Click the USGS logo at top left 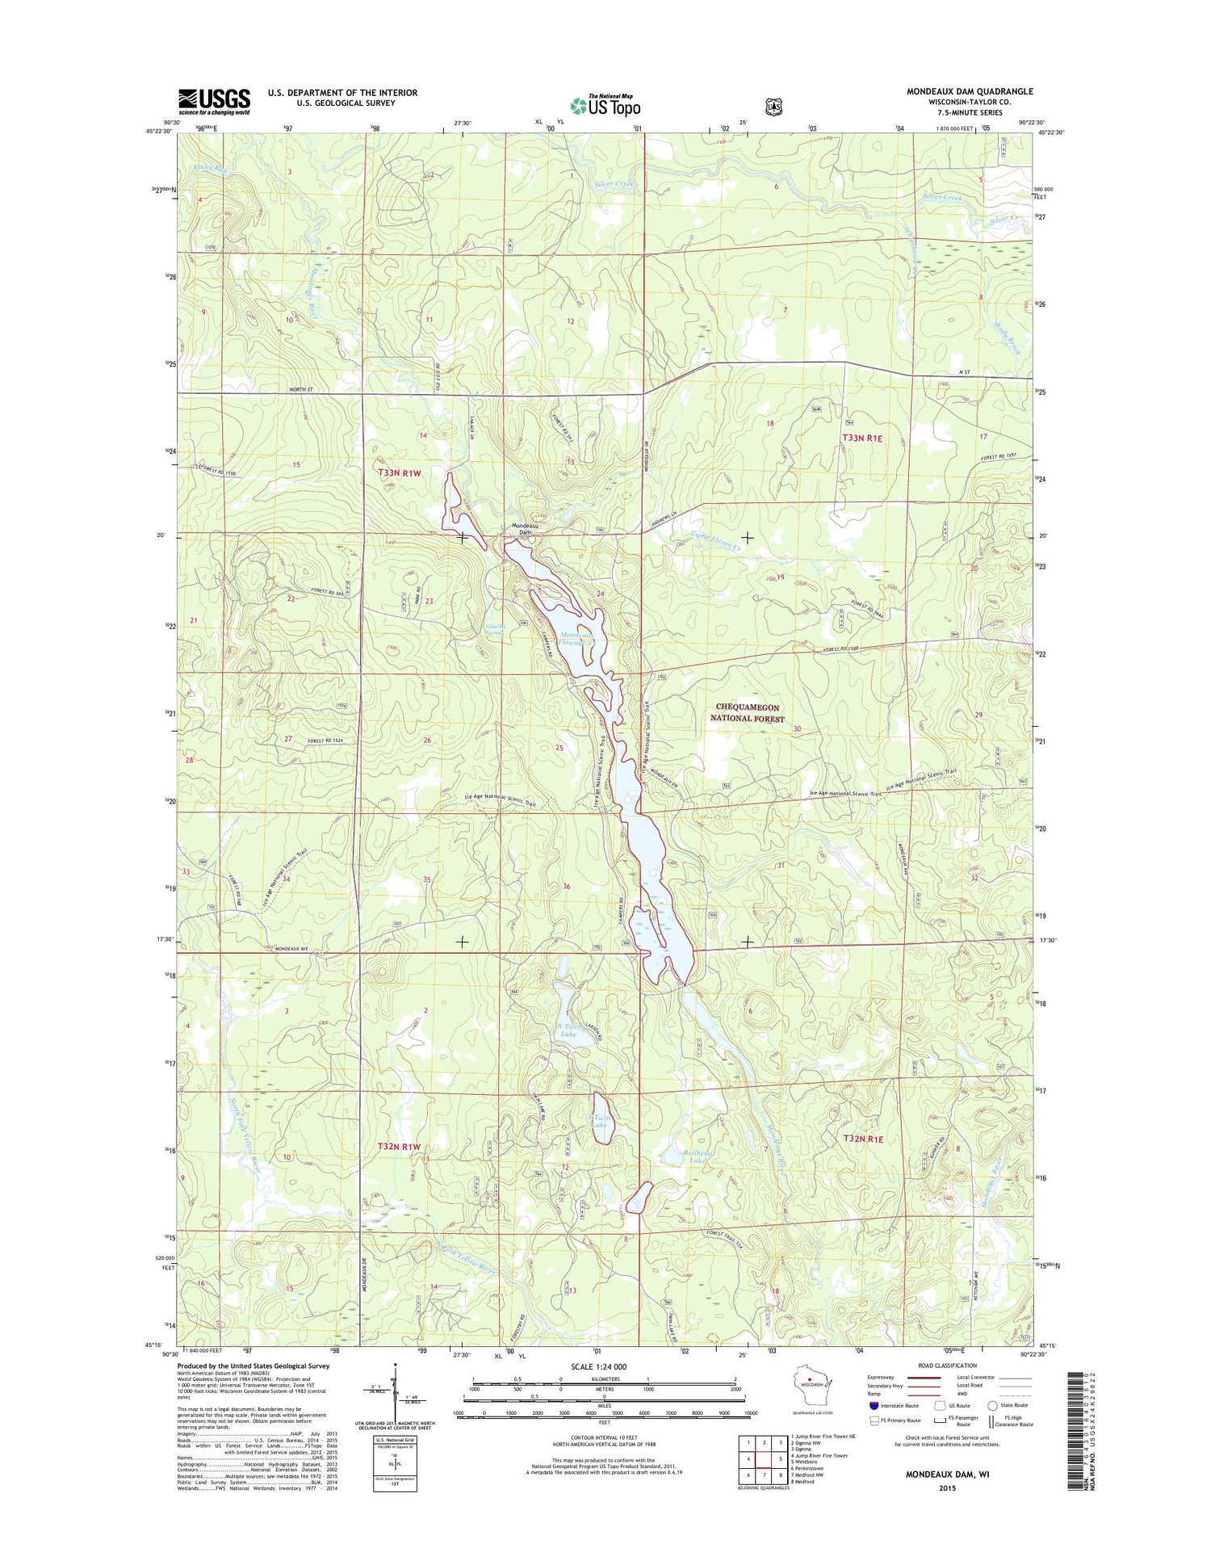[214, 101]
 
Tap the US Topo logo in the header [605, 105]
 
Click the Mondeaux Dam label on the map [526, 530]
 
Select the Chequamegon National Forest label [749, 712]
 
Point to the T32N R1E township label [863, 1139]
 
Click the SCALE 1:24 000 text [598, 1366]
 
